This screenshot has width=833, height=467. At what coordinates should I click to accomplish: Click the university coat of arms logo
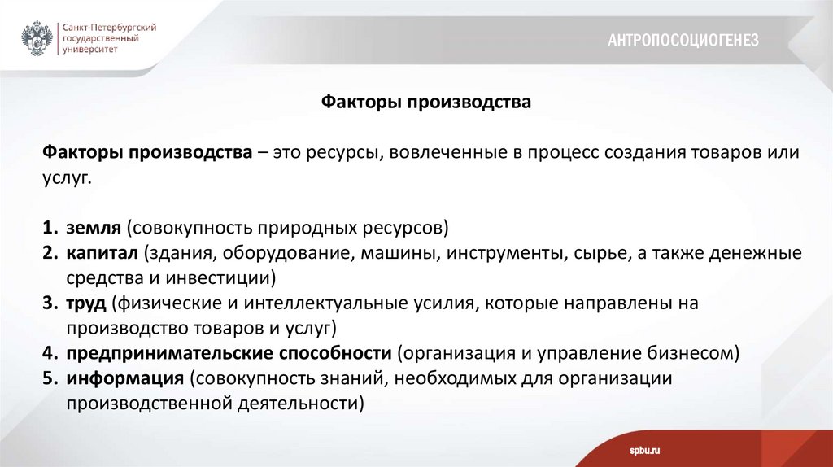click(36, 37)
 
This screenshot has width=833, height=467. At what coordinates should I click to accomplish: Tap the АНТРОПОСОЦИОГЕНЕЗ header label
click(683, 40)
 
